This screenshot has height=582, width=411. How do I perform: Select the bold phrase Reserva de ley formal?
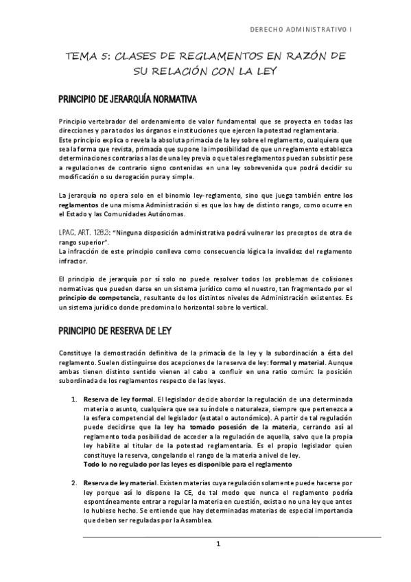click(118, 398)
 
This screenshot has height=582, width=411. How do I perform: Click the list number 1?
click(74, 398)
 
